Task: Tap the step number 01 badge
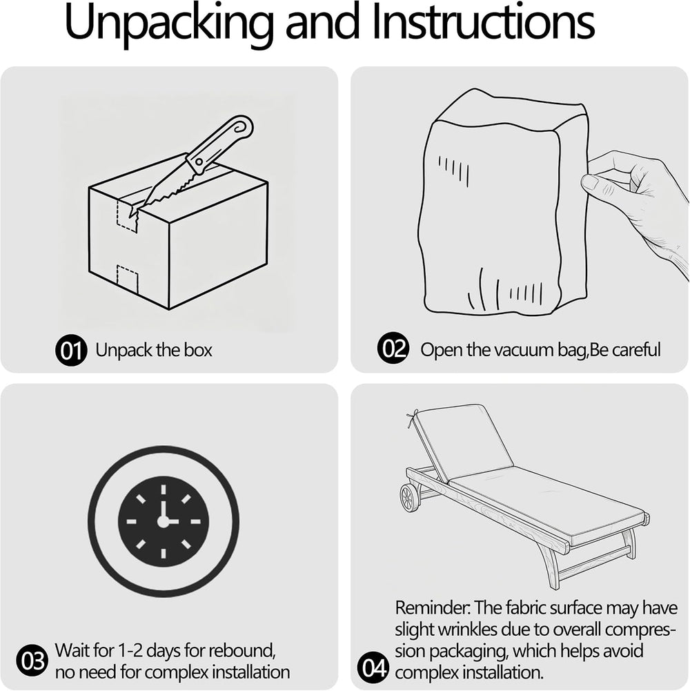click(71, 351)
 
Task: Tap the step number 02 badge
click(393, 348)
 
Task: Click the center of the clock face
click(164, 521)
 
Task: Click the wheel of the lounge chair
click(410, 498)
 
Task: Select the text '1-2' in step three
click(130, 650)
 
